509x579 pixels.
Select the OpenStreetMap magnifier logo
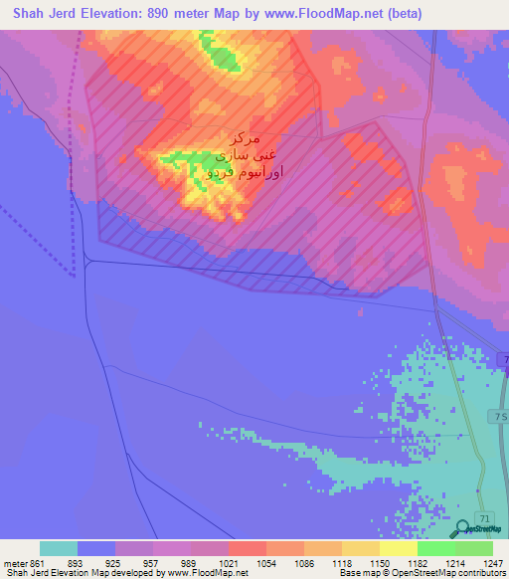point(463,528)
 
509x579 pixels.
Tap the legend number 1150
point(379,562)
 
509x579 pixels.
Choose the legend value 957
point(153,562)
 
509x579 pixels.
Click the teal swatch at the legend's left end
point(59,548)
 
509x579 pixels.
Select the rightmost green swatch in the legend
point(474,548)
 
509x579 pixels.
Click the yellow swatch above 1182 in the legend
point(399,548)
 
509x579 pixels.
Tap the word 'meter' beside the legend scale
point(14,562)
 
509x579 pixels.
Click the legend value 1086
point(303,562)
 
